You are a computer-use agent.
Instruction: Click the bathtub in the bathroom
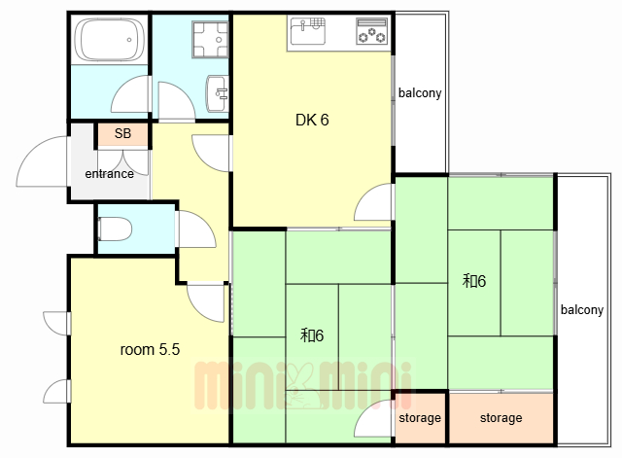pyautogui.click(x=109, y=40)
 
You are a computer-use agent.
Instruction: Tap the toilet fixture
pyautogui.click(x=115, y=229)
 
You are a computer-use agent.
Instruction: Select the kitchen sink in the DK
pyautogui.click(x=308, y=31)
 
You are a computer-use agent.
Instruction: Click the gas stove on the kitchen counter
pyautogui.click(x=371, y=31)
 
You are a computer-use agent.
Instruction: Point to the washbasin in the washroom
pyautogui.click(x=217, y=93)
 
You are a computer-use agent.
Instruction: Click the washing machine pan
pyautogui.click(x=210, y=39)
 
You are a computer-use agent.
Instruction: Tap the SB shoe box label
pyautogui.click(x=122, y=133)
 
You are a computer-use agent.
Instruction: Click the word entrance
pyautogui.click(x=109, y=174)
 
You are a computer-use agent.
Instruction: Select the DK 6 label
pyautogui.click(x=312, y=120)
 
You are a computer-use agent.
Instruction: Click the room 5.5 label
pyautogui.click(x=150, y=350)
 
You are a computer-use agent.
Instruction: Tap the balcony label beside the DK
pyautogui.click(x=420, y=93)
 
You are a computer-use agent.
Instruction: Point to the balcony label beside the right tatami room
pyautogui.click(x=582, y=309)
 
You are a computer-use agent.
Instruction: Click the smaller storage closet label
pyautogui.click(x=420, y=418)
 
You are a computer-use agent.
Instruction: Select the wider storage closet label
pyautogui.click(x=501, y=418)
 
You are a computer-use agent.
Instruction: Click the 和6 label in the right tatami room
pyautogui.click(x=474, y=281)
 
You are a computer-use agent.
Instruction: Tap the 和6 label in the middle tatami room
pyautogui.click(x=312, y=335)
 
